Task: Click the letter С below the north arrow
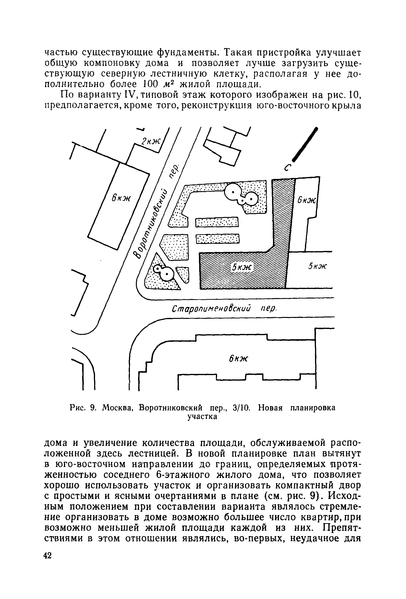(288, 168)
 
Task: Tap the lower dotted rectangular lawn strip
(217, 238)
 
